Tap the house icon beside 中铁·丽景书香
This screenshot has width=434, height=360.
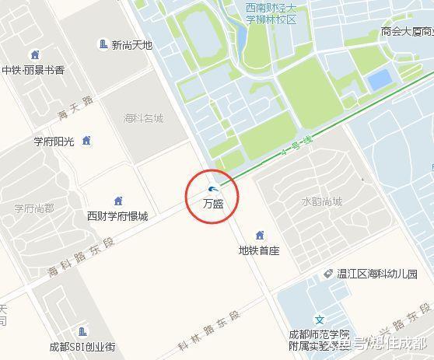tap(34, 54)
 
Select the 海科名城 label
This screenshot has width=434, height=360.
tap(144, 118)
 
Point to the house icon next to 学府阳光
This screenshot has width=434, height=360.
tap(86, 141)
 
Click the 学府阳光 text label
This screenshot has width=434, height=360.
tap(53, 142)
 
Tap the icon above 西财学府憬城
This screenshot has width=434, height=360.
tap(118, 201)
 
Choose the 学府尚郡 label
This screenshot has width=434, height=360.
tap(34, 208)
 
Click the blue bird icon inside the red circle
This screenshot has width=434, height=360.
tap(214, 189)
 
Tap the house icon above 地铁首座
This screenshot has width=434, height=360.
tap(260, 236)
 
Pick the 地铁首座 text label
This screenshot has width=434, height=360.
tap(259, 250)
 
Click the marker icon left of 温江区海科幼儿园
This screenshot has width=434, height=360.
tap(328, 274)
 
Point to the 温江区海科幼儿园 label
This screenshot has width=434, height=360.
tap(377, 274)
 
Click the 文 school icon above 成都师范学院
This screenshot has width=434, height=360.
tap(319, 320)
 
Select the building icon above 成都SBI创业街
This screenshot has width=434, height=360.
tap(82, 332)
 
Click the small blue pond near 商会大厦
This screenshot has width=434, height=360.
tap(379, 79)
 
